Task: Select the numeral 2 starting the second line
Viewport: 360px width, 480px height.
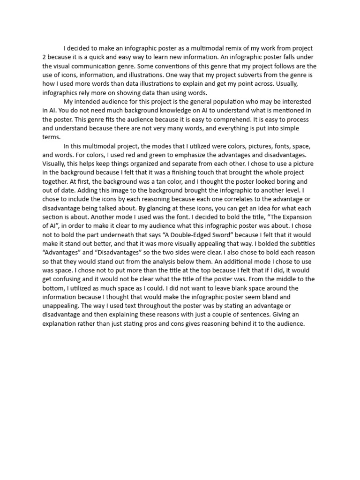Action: click(44, 57)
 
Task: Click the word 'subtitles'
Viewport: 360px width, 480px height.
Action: click(300, 244)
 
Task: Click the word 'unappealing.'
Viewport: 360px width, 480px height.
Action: click(63, 306)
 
